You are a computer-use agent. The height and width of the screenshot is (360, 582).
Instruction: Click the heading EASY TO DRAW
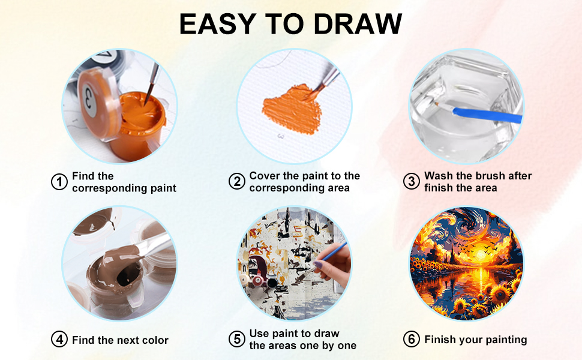click(290, 25)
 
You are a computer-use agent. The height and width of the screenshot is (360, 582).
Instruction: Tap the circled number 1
click(59, 182)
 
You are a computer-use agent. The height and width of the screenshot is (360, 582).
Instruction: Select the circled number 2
click(237, 182)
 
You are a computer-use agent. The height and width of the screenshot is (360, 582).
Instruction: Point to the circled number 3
click(411, 182)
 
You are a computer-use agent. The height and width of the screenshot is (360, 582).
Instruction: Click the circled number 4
click(59, 340)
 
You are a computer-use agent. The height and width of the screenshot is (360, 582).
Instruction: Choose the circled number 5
click(237, 340)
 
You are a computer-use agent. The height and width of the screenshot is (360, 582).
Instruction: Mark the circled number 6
click(411, 340)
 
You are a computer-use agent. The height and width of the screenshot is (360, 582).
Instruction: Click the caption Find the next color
click(120, 340)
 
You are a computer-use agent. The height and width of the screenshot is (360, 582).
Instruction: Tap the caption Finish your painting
click(475, 340)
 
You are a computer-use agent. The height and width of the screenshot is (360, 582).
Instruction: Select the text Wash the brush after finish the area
click(478, 182)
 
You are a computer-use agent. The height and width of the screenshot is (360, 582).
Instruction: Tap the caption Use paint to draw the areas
click(303, 340)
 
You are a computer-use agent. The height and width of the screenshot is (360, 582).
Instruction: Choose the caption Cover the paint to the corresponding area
click(304, 182)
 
